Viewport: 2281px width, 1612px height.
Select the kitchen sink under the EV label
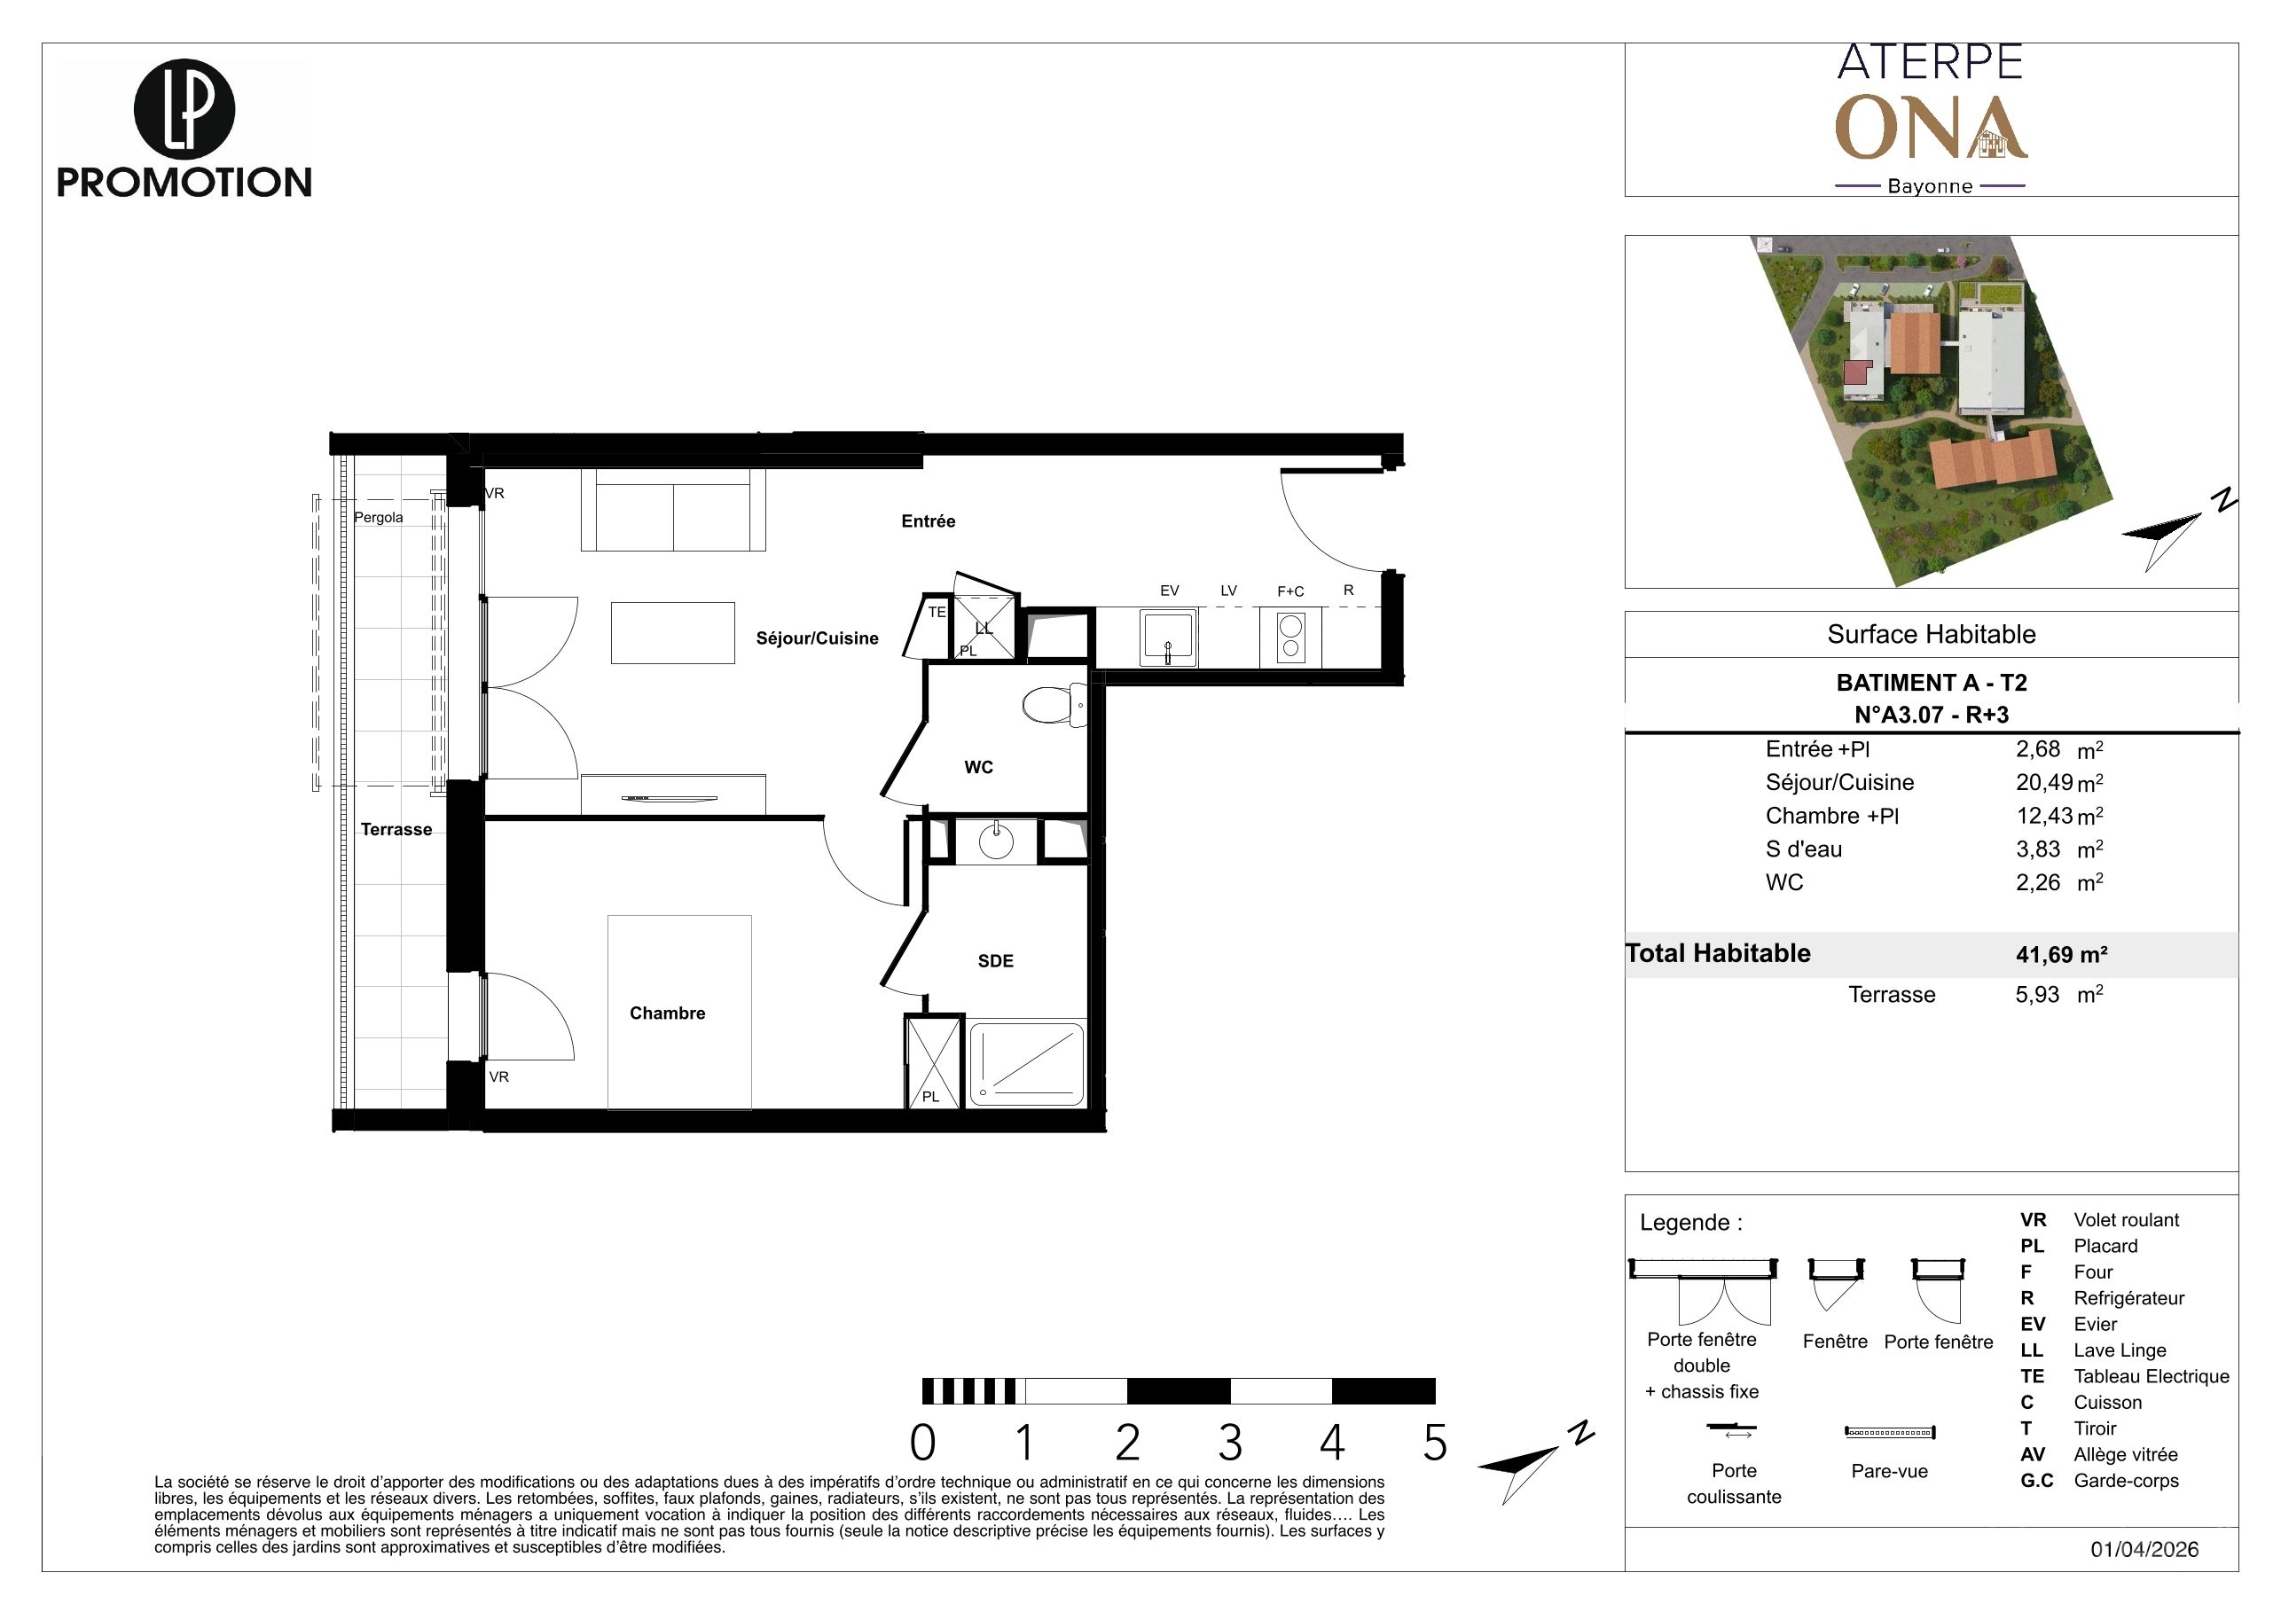point(1168,638)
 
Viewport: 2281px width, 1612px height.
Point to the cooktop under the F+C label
point(1290,638)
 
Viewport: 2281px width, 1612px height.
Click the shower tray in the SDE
point(1026,1064)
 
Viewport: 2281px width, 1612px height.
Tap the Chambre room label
point(668,1013)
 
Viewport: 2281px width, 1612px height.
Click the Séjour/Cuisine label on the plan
point(817,638)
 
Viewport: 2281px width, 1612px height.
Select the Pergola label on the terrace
point(379,518)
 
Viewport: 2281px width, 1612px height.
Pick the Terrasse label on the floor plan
point(396,829)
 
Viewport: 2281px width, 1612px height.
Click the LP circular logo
point(184,109)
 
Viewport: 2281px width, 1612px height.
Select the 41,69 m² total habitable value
point(2061,954)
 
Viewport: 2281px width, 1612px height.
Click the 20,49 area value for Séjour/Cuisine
point(2044,783)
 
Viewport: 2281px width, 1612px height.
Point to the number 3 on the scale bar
point(1230,1444)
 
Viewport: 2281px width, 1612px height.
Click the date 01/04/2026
point(2144,1549)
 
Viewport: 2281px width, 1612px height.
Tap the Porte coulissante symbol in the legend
point(1732,1430)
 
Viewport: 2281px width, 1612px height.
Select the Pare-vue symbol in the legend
point(1890,1432)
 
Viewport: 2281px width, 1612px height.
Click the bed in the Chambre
point(679,1012)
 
